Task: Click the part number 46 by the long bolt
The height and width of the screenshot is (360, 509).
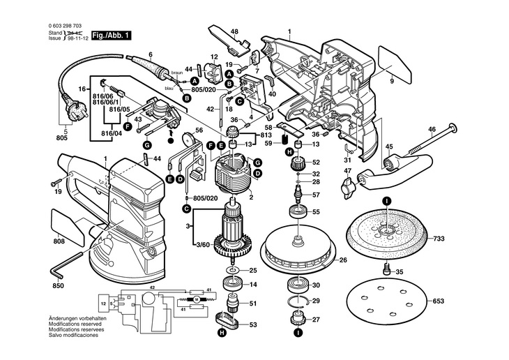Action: tap(432, 130)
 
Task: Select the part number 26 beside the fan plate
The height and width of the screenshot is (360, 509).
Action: tap(342, 261)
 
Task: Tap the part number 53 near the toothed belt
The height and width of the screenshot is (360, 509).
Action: tap(253, 324)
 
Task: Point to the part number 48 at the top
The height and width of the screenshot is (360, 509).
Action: tap(234, 32)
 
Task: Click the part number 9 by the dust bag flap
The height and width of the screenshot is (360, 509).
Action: tap(392, 82)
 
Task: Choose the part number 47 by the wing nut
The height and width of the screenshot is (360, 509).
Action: tap(347, 171)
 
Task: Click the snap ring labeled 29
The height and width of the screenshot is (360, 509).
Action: tap(298, 301)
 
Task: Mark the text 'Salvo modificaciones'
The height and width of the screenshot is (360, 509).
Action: tap(73, 336)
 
